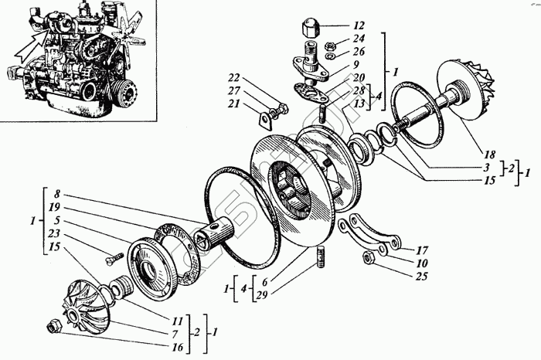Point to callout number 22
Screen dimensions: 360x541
[234, 77]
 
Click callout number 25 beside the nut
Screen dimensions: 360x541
[422, 275]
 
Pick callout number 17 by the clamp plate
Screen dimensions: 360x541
[422, 250]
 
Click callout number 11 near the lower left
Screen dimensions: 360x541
[179, 318]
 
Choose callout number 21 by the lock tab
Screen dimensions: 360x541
[234, 103]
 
